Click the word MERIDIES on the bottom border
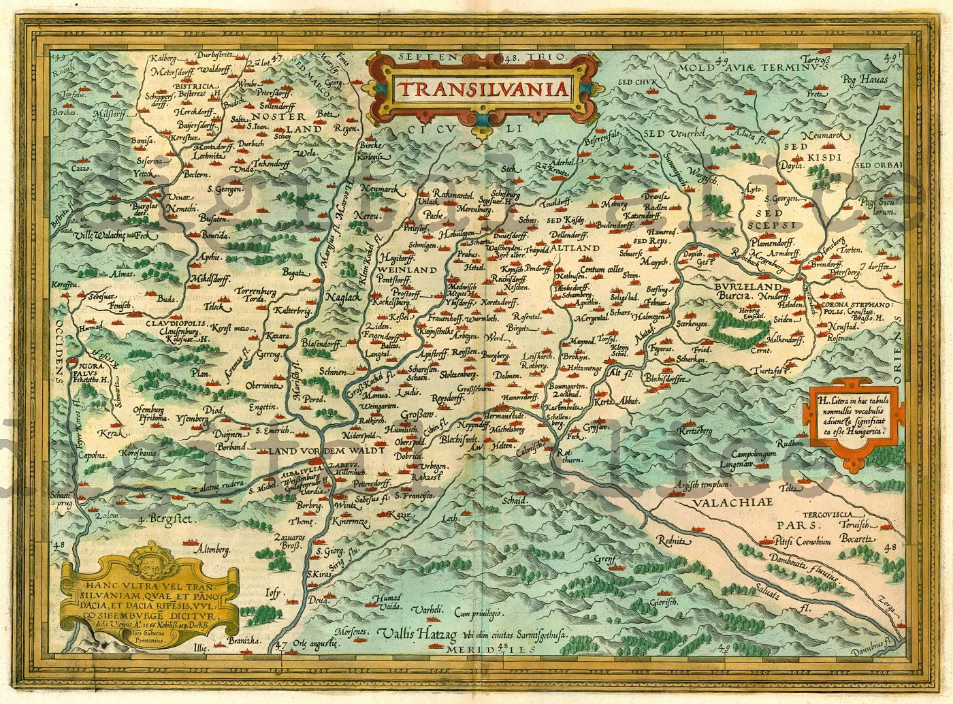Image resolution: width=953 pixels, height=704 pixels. pos(483,650)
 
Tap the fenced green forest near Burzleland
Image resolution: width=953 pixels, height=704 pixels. pos(739,330)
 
